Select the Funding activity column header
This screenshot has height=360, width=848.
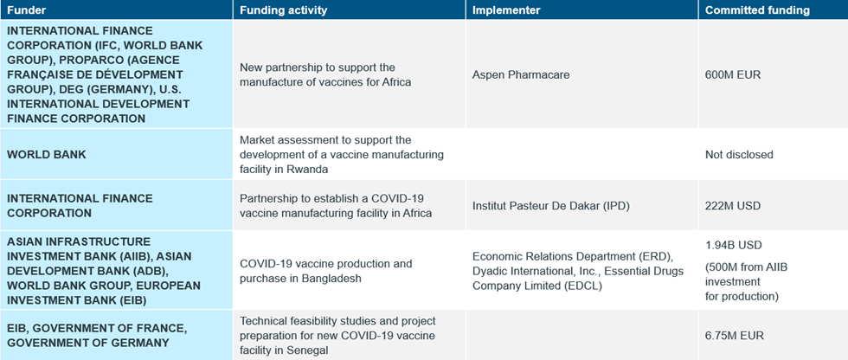coord(284,10)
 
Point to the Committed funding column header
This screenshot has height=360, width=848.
coord(757,10)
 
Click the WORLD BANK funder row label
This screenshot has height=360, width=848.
coord(47,155)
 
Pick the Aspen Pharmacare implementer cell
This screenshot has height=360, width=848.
coord(521,74)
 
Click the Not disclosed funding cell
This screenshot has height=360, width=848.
coord(739,155)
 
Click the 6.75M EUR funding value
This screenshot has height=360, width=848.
coord(735,336)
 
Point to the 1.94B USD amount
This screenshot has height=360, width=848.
coord(734,246)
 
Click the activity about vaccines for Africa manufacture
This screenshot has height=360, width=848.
coord(325,74)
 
